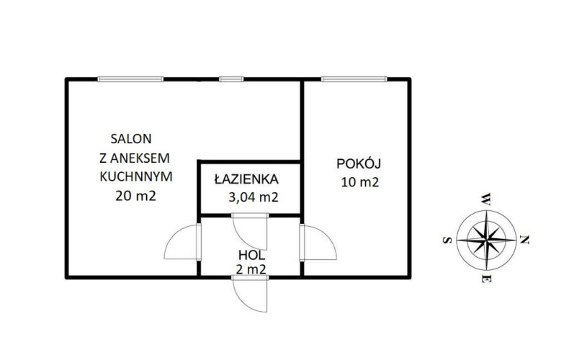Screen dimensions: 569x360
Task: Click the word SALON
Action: (130, 139)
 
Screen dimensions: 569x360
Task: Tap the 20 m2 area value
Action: (135, 196)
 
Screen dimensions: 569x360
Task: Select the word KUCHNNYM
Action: (135, 176)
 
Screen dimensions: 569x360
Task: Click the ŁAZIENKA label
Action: (246, 179)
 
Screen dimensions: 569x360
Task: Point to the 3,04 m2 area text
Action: (254, 197)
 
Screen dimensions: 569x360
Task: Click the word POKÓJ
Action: (359, 163)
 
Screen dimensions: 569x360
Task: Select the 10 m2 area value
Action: (359, 182)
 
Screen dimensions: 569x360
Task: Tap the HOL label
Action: (251, 255)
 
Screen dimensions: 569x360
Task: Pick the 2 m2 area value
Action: (251, 269)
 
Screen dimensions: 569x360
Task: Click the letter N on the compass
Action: (524, 240)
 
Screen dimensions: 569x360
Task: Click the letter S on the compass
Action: (447, 240)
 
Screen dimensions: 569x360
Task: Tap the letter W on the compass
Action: (485, 199)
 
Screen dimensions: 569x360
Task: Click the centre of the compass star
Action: (486, 240)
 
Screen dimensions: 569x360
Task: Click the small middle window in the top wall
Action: (231, 79)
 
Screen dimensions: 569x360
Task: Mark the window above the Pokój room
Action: (354, 79)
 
